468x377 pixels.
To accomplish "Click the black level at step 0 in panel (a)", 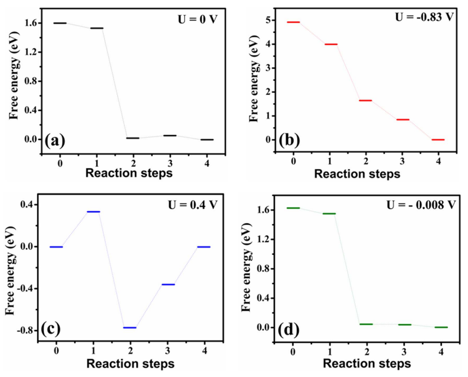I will (x=60, y=23).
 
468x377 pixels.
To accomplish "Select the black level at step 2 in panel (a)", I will (x=133, y=138).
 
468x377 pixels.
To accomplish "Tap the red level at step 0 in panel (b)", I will (x=293, y=22).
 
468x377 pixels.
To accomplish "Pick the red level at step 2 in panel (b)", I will (x=365, y=100).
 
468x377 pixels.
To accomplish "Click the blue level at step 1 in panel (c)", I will (x=93, y=212).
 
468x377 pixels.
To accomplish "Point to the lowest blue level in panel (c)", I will (x=130, y=327).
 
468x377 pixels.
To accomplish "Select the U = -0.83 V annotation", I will (x=424, y=16).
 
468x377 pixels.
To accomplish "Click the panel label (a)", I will (x=56, y=141).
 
